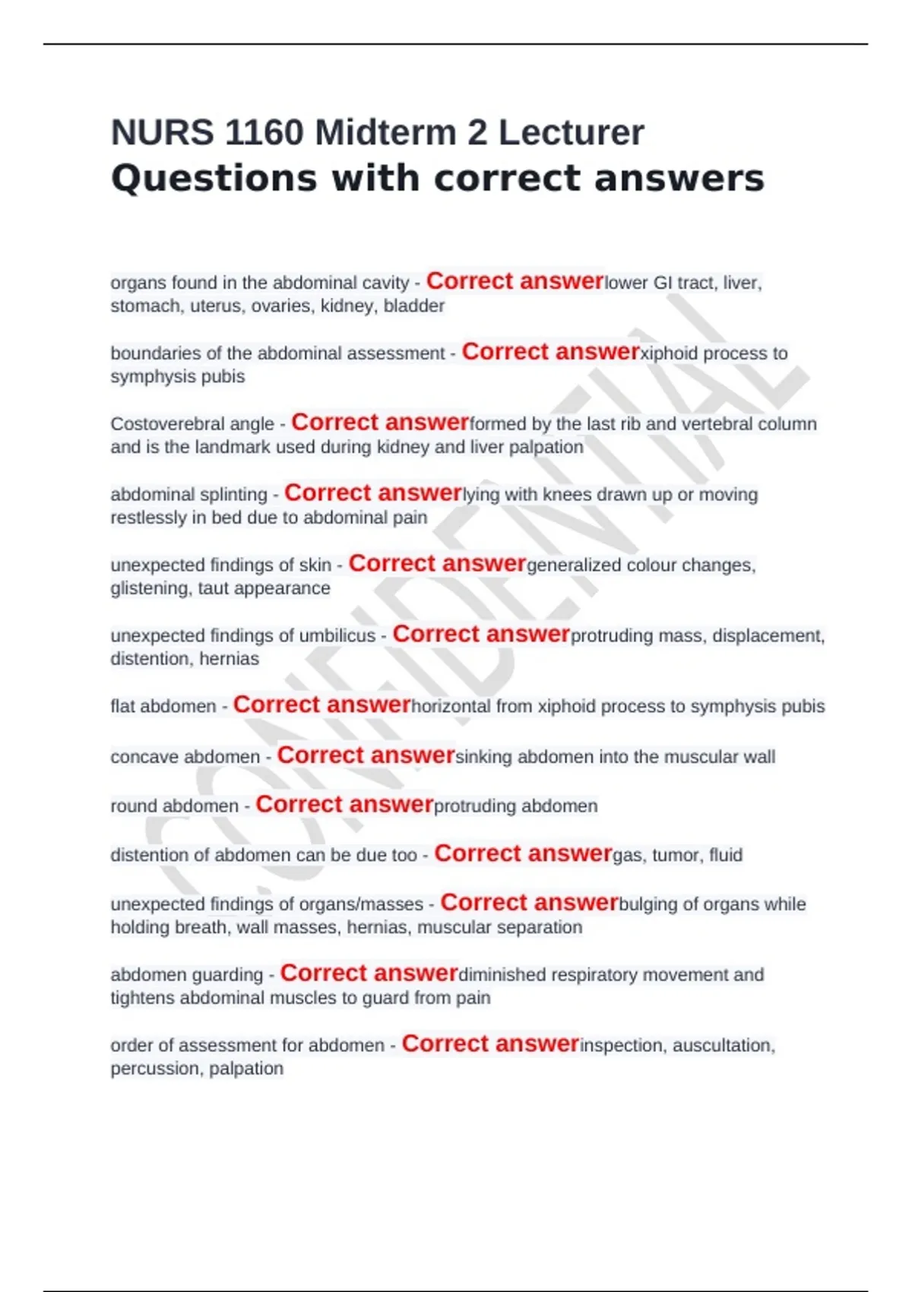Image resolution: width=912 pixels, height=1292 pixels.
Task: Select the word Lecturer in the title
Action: [x=571, y=133]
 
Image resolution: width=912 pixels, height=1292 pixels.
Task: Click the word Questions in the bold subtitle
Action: [x=214, y=179]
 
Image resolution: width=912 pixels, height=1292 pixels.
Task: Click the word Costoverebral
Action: [x=192, y=424]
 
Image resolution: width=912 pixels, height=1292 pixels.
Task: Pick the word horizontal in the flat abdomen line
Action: [x=451, y=707]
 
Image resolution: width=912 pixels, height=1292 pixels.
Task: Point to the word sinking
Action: [x=483, y=757]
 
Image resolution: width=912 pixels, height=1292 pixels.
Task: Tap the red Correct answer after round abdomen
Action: [x=344, y=805]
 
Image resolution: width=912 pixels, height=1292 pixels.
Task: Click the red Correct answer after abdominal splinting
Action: [x=373, y=493]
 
